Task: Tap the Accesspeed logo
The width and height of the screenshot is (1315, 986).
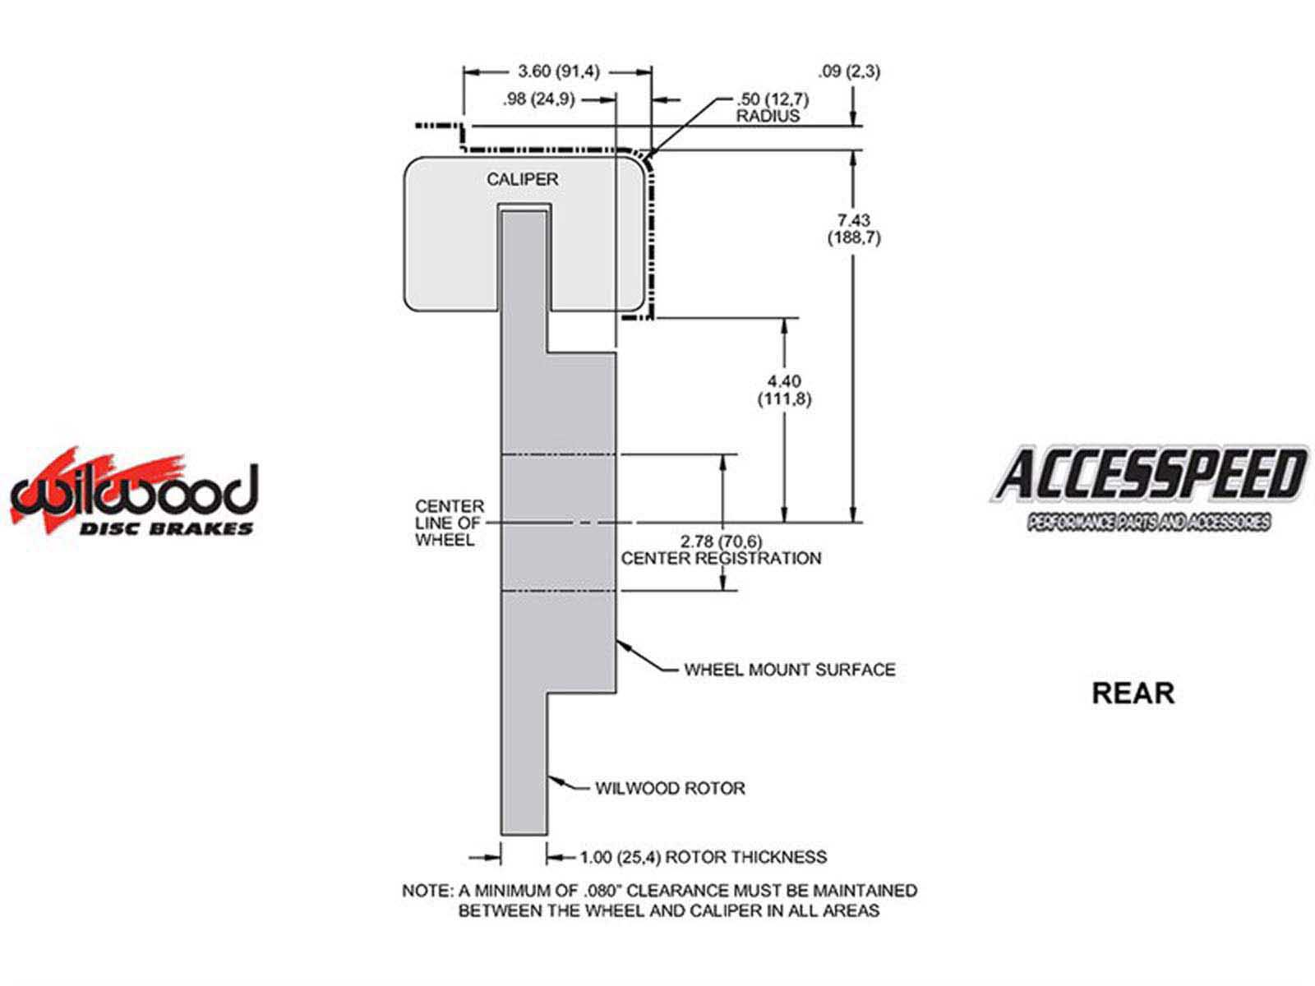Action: pyautogui.click(x=1149, y=486)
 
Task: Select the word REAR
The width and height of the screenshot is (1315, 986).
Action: pyautogui.click(x=1133, y=693)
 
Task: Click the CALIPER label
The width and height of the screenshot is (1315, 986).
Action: pyautogui.click(x=522, y=179)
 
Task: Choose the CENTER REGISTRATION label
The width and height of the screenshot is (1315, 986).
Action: pyautogui.click(x=721, y=559)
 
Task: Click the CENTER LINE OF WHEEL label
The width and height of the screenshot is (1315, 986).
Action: pyautogui.click(x=449, y=523)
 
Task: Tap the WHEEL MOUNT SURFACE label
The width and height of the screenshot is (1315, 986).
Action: pyautogui.click(x=789, y=670)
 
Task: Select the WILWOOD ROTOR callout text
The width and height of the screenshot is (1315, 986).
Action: pyautogui.click(x=670, y=789)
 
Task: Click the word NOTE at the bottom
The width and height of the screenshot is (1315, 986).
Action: pyautogui.click(x=424, y=891)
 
